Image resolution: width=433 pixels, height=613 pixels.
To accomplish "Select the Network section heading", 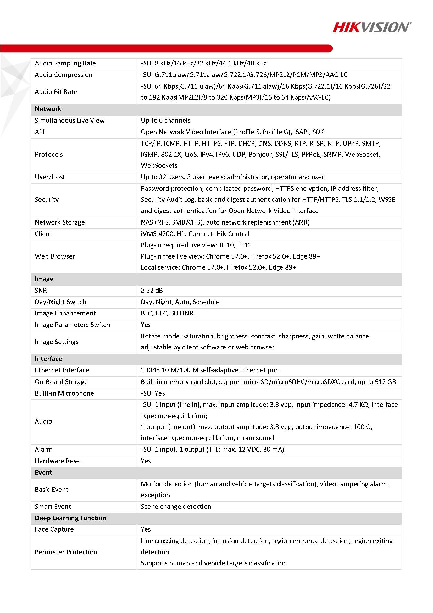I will (48, 109).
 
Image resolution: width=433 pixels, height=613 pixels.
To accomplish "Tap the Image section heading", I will (44, 279).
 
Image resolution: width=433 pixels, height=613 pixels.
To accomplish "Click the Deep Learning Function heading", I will (70, 518).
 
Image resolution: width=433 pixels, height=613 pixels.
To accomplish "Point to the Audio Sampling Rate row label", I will (65, 63).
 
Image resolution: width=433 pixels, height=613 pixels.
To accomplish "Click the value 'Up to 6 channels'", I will (165, 121).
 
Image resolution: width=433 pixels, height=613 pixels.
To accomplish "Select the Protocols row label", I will (49, 154).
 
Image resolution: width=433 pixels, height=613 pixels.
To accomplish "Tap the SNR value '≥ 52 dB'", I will (152, 290).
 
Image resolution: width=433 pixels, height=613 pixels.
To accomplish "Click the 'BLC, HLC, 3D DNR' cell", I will (167, 313).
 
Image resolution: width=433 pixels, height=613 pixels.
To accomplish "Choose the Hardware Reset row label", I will (58, 461).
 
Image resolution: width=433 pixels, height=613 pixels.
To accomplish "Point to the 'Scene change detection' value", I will (176, 506).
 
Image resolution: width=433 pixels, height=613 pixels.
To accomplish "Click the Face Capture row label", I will (54, 529).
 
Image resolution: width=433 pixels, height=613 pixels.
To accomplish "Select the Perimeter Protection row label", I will (66, 552).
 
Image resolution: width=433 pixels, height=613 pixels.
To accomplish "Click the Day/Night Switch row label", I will (60, 302).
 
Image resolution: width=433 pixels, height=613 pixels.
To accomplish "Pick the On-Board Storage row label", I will (61, 382).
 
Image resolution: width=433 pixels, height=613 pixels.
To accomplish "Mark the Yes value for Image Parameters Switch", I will (146, 325).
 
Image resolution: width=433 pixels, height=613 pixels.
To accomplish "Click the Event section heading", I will (43, 472).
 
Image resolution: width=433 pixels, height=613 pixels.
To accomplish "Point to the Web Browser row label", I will (55, 256).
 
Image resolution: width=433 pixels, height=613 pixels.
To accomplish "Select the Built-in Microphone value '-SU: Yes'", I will (153, 393).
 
